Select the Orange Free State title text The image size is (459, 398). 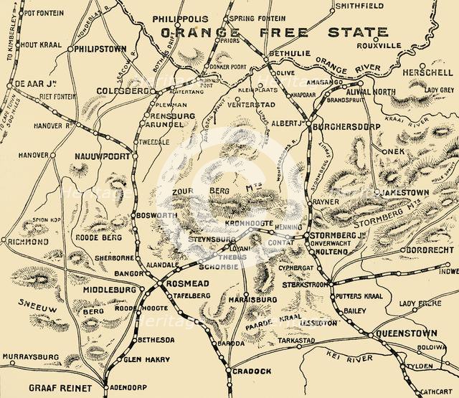point(275,33)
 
